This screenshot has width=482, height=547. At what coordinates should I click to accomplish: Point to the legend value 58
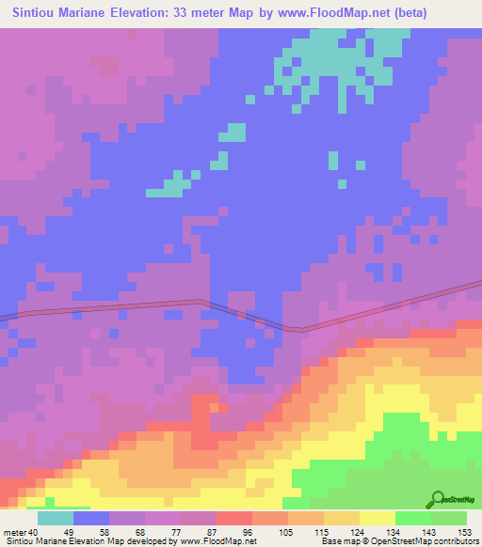[x=115, y=532]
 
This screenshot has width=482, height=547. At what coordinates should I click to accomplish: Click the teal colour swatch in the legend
[x=56, y=518]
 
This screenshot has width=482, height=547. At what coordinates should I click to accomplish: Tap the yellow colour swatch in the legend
[x=377, y=518]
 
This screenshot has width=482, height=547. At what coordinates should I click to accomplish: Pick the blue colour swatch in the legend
[x=91, y=518]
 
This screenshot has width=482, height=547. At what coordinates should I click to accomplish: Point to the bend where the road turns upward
[x=299, y=329]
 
